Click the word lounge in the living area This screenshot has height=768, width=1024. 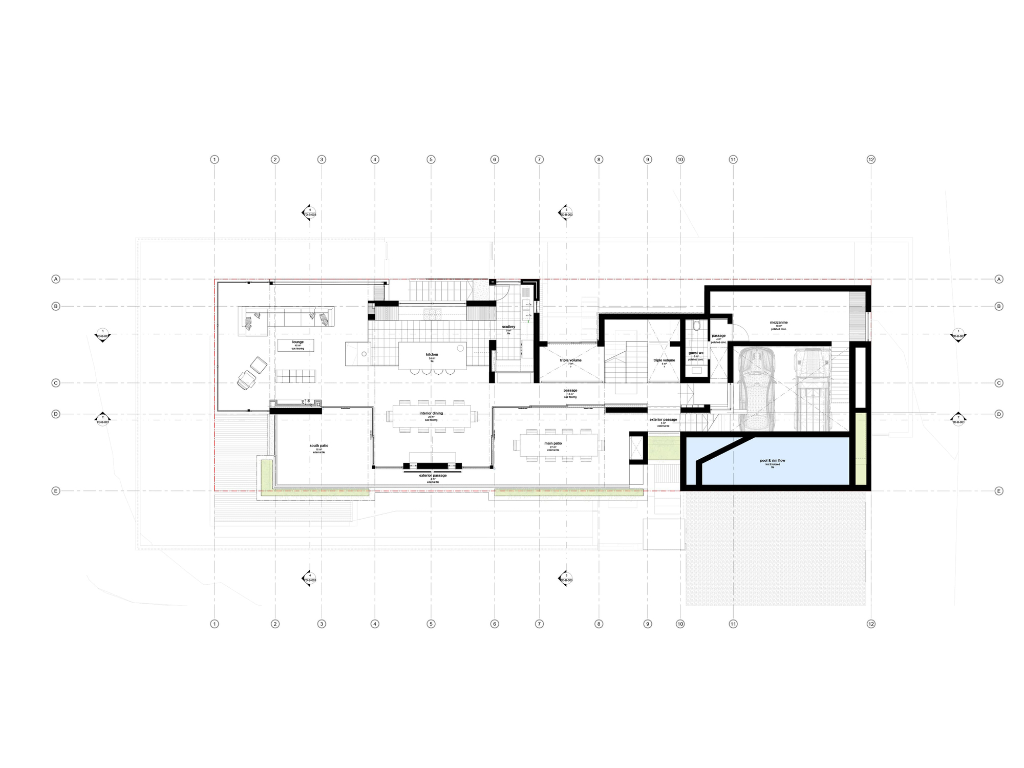pos(298,342)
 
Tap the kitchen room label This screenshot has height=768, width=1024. pos(432,354)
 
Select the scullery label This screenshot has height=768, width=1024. pos(508,327)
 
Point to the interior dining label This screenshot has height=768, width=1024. pos(431,413)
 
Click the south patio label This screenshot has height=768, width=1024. pos(318,446)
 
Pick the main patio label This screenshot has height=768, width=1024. pos(553,443)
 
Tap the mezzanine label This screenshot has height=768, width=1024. pos(779,323)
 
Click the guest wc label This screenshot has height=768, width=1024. pos(696,353)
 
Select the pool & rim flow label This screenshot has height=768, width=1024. pos(773,461)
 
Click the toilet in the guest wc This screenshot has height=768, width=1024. pos(696,326)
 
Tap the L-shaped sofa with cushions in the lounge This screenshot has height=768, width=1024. pos(287,316)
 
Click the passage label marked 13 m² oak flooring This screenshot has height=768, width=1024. pos(570,391)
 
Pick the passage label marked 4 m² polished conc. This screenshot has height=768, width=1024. pos(718,336)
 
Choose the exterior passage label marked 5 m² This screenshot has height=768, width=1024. pos(663,420)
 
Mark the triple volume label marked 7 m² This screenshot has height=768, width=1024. pos(570,360)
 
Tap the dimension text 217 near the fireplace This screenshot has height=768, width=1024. pos(304,402)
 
